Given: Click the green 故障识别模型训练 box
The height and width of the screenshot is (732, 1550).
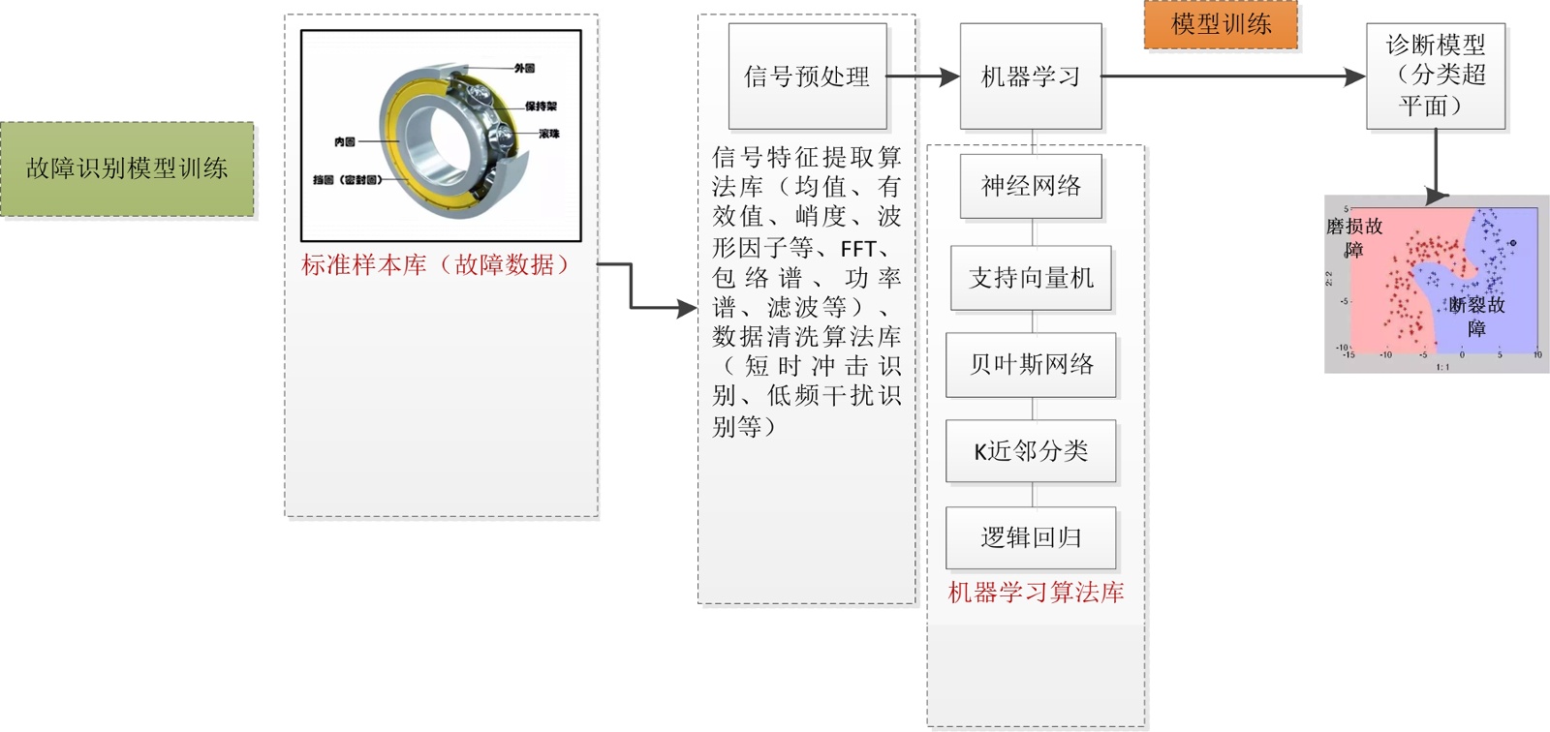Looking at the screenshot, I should click(127, 168).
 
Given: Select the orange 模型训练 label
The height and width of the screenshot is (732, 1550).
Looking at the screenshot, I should click(1221, 24).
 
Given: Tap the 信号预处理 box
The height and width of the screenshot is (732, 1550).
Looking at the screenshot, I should click(807, 76).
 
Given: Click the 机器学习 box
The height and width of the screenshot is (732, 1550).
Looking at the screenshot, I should click(1031, 76).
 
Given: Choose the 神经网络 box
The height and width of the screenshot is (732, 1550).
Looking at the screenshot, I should click(1031, 186).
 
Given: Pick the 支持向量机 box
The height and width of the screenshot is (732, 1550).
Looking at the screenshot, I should click(1031, 278).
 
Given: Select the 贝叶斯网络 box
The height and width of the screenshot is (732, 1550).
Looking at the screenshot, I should click(1031, 364).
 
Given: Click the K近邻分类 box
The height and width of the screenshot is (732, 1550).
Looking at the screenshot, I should click(1031, 450).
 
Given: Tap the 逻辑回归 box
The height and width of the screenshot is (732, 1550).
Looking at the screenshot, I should click(1031, 537).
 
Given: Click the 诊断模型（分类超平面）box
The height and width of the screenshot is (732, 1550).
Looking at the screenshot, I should click(1435, 76).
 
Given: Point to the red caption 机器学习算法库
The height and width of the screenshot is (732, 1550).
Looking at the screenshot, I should click(1036, 593).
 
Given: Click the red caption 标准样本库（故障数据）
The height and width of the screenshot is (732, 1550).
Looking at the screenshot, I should click(437, 265).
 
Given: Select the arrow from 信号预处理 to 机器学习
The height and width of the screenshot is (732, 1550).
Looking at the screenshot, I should click(922, 76).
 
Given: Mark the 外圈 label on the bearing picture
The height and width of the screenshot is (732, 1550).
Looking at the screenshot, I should click(524, 69).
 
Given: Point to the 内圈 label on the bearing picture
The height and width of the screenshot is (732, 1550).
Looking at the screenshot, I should click(344, 142).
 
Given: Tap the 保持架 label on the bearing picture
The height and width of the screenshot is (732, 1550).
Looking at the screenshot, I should click(541, 107).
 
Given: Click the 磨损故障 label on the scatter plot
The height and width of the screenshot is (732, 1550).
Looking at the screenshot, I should click(1354, 237).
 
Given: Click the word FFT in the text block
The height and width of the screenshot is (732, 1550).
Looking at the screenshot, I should click(858, 249).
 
